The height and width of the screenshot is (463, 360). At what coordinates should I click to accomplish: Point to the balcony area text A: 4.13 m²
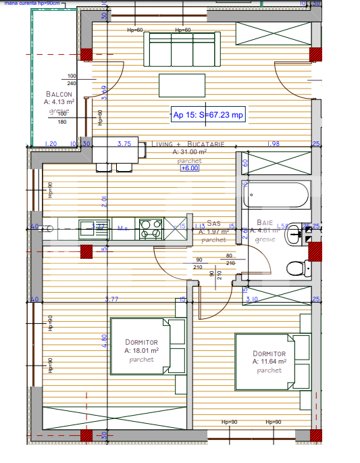pyautogui.click(x=59, y=101)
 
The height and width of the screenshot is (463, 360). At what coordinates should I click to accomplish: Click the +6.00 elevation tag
pyautogui.click(x=189, y=168)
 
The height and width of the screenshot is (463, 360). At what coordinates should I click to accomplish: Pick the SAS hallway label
pyautogui.click(x=213, y=223)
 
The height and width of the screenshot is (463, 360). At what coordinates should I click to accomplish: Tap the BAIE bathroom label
pyautogui.click(x=265, y=223)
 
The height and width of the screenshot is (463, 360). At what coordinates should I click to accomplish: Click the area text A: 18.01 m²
pyautogui.click(x=141, y=351)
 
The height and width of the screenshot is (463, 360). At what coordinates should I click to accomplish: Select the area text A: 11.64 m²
pyautogui.click(x=269, y=362)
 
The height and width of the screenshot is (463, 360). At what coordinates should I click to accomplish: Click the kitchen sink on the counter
pyautogui.click(x=88, y=229)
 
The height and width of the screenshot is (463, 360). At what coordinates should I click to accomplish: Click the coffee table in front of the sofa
pyautogui.click(x=182, y=85)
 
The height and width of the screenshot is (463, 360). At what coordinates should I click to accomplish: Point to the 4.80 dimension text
pyautogui.click(x=105, y=341)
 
